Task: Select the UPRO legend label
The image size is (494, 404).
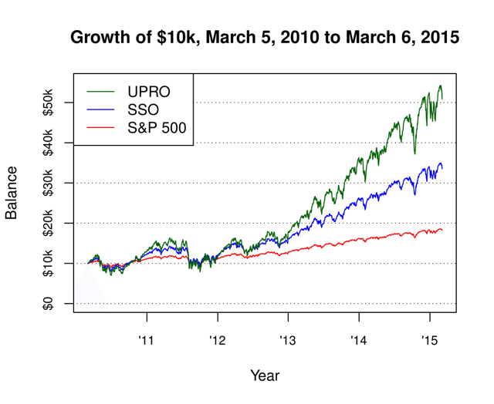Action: coord(149,92)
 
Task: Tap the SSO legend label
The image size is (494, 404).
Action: coord(144,109)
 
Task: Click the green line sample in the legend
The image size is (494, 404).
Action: coord(101,92)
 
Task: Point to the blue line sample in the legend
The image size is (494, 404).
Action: coord(101,109)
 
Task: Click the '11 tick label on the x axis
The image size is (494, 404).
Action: coord(147,338)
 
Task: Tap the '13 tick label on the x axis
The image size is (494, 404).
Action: coord(288,338)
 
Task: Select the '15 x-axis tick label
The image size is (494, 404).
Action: coord(428,338)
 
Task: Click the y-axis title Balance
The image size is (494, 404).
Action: coord(12,193)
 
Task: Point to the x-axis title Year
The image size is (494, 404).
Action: coord(265,376)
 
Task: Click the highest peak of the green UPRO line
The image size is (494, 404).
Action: coord(440,86)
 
